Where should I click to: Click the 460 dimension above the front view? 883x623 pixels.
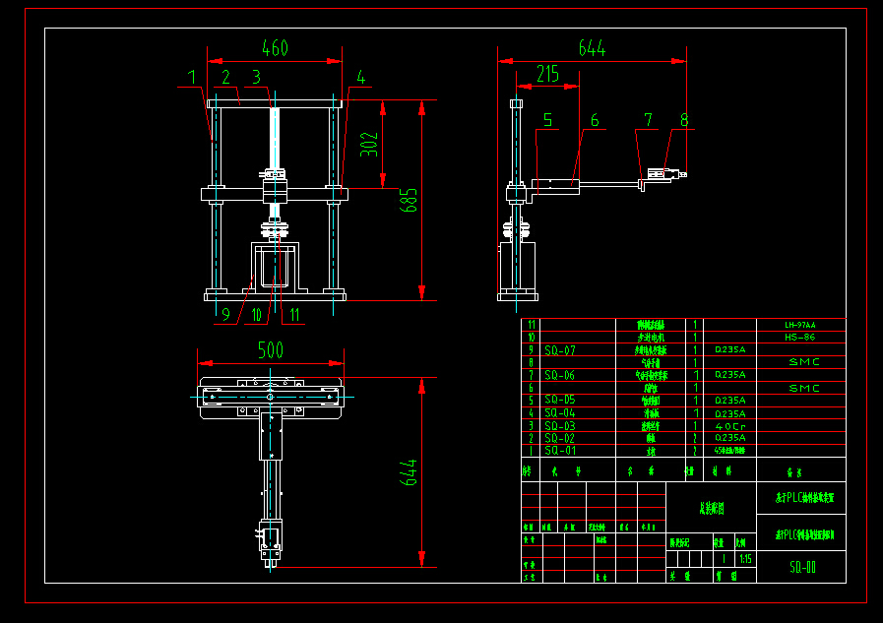pyautogui.click(x=275, y=48)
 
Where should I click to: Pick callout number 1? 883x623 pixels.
pyautogui.click(x=192, y=76)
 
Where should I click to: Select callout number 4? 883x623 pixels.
pyautogui.click(x=361, y=77)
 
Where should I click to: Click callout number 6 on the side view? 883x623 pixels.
pyautogui.click(x=594, y=120)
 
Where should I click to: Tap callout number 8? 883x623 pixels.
pyautogui.click(x=684, y=120)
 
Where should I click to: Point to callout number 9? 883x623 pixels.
pyautogui.click(x=225, y=315)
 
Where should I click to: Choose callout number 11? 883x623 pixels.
pyautogui.click(x=294, y=315)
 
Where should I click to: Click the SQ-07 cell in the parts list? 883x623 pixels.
pyautogui.click(x=560, y=350)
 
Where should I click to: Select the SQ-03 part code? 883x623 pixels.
pyautogui.click(x=560, y=426)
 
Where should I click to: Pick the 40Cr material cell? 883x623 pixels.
pyautogui.click(x=729, y=426)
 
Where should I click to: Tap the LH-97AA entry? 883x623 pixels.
pyautogui.click(x=799, y=325)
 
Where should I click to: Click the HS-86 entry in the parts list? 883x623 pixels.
pyautogui.click(x=799, y=338)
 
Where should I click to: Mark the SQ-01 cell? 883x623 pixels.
pyautogui.click(x=560, y=451)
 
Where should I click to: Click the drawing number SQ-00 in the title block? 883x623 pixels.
pyautogui.click(x=802, y=568)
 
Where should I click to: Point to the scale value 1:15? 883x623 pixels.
pyautogui.click(x=745, y=559)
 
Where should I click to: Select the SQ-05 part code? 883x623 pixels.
pyautogui.click(x=560, y=401)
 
